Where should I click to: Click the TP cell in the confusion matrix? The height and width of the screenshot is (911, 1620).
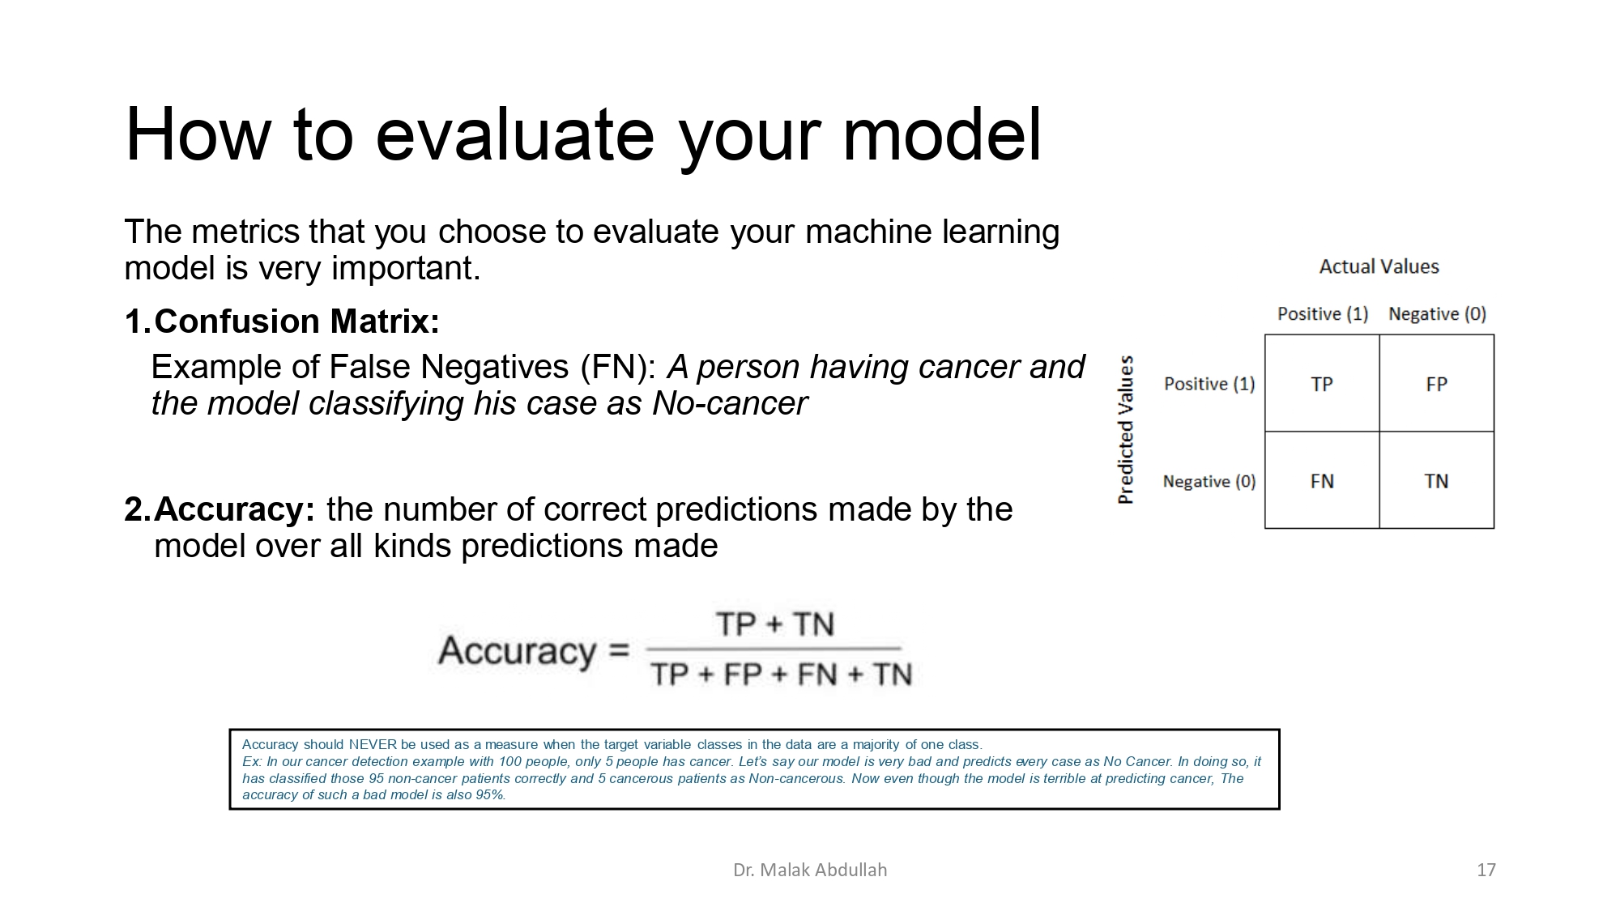(1322, 384)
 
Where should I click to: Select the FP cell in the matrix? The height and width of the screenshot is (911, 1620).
(1436, 384)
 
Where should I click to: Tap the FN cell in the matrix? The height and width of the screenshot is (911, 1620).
(1322, 481)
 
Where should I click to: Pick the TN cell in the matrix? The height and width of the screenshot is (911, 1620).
(1436, 481)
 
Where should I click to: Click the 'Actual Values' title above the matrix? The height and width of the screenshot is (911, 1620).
(1379, 266)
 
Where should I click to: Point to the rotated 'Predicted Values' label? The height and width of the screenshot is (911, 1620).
(1125, 430)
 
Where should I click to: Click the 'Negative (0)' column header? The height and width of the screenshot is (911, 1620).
(1437, 313)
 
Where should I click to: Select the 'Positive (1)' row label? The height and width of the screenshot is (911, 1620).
(1209, 384)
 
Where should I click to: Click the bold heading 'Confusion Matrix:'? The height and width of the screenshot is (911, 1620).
(296, 321)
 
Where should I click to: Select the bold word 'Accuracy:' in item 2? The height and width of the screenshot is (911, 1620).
(234, 509)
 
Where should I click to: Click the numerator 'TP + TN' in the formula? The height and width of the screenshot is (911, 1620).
(774, 624)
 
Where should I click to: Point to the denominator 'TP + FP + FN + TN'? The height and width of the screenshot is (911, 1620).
(781, 674)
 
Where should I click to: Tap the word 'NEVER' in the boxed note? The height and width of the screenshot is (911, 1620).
(372, 744)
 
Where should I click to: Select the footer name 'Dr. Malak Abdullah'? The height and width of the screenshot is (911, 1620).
(809, 870)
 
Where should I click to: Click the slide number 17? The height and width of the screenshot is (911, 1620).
(1486, 870)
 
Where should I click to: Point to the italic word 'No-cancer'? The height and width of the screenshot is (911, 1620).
(729, 403)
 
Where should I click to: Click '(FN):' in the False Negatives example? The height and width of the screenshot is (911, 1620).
(619, 368)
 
